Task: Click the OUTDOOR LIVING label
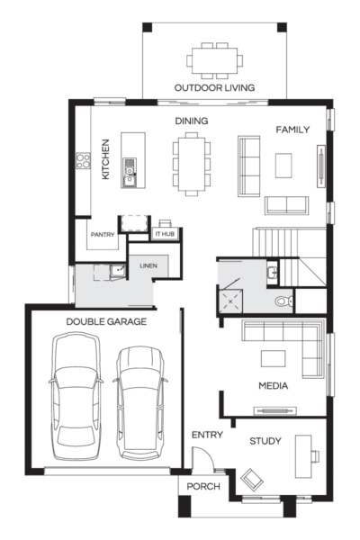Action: pos(214,87)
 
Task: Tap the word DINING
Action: pos(191,120)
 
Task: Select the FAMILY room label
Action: pos(292,130)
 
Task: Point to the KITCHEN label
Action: pos(105,158)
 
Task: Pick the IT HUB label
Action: pos(165,233)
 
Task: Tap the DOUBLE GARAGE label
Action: pos(106,320)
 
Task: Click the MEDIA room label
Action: pos(273,386)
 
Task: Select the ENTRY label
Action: pos(207,435)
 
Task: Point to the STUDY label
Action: pos(265,441)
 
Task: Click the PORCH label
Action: pos(203,487)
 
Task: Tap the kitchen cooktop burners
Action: pos(85,162)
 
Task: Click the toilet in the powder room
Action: pos(283,301)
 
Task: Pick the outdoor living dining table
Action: pos(214,58)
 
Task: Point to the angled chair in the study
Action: pos(251,479)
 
